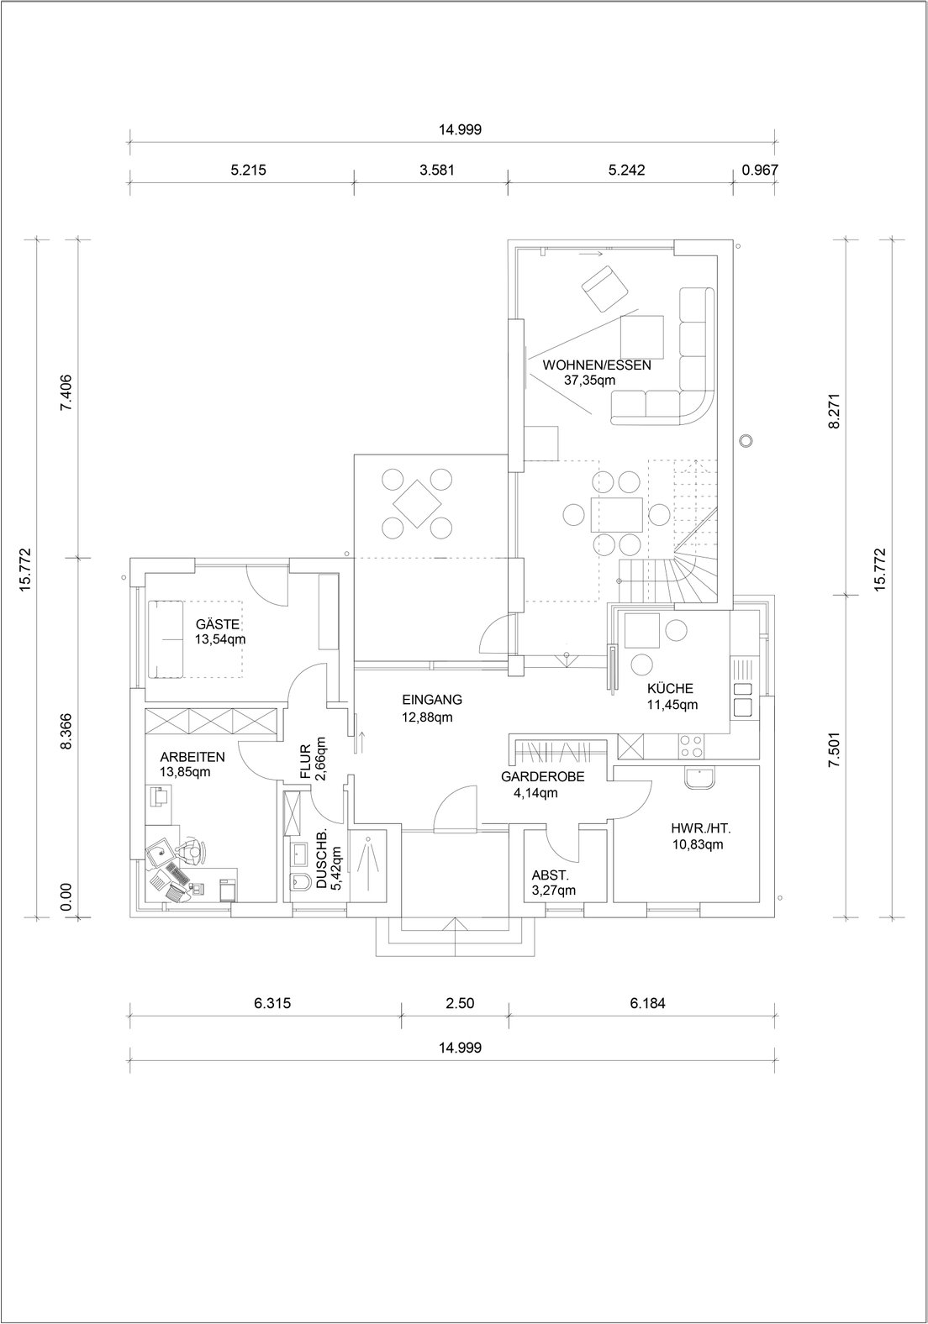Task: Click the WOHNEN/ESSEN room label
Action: tap(596, 365)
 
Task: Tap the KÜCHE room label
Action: tap(670, 689)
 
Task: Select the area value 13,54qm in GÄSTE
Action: tap(220, 639)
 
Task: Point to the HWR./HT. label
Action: tap(701, 828)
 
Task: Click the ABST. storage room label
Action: tap(550, 875)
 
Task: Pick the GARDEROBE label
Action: tap(542, 776)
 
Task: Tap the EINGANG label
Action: tap(432, 700)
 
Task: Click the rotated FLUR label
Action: tap(306, 761)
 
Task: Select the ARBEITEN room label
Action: tap(192, 757)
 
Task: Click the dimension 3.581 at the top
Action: tap(437, 171)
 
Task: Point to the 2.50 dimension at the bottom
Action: tap(460, 1003)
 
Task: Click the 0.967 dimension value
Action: tap(760, 171)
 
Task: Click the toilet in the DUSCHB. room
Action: tap(303, 882)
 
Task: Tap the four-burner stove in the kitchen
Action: tap(691, 746)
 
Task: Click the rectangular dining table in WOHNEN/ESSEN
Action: tap(615, 513)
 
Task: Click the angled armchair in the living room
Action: tap(604, 289)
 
